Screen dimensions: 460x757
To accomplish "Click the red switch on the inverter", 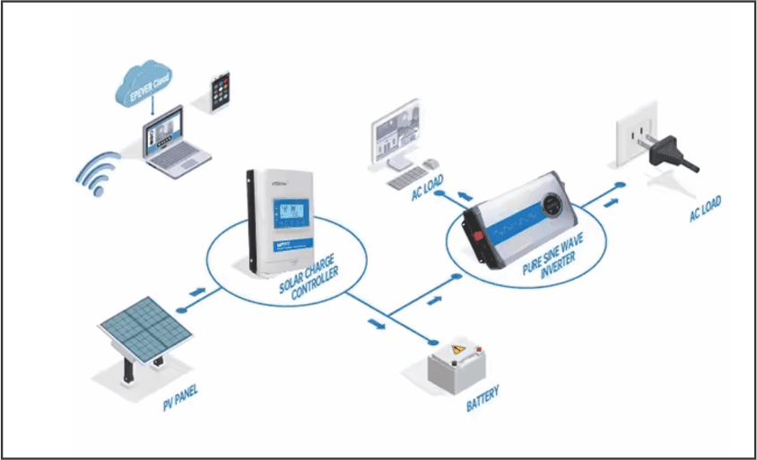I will pos(476,234).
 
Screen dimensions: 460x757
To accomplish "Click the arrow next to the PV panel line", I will pos(196,292).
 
